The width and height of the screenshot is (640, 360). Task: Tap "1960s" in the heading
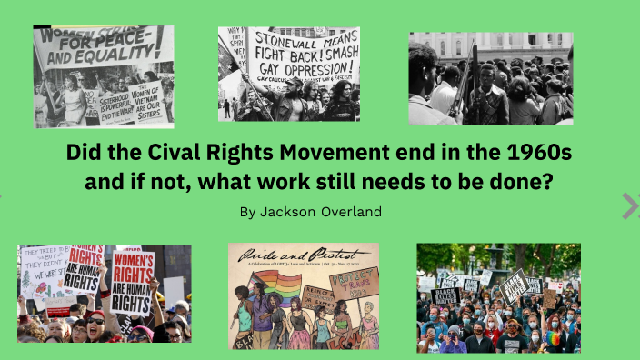point(527,151)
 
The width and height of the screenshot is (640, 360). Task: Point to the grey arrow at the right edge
point(630,205)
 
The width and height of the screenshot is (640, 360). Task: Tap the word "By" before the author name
point(248,212)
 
